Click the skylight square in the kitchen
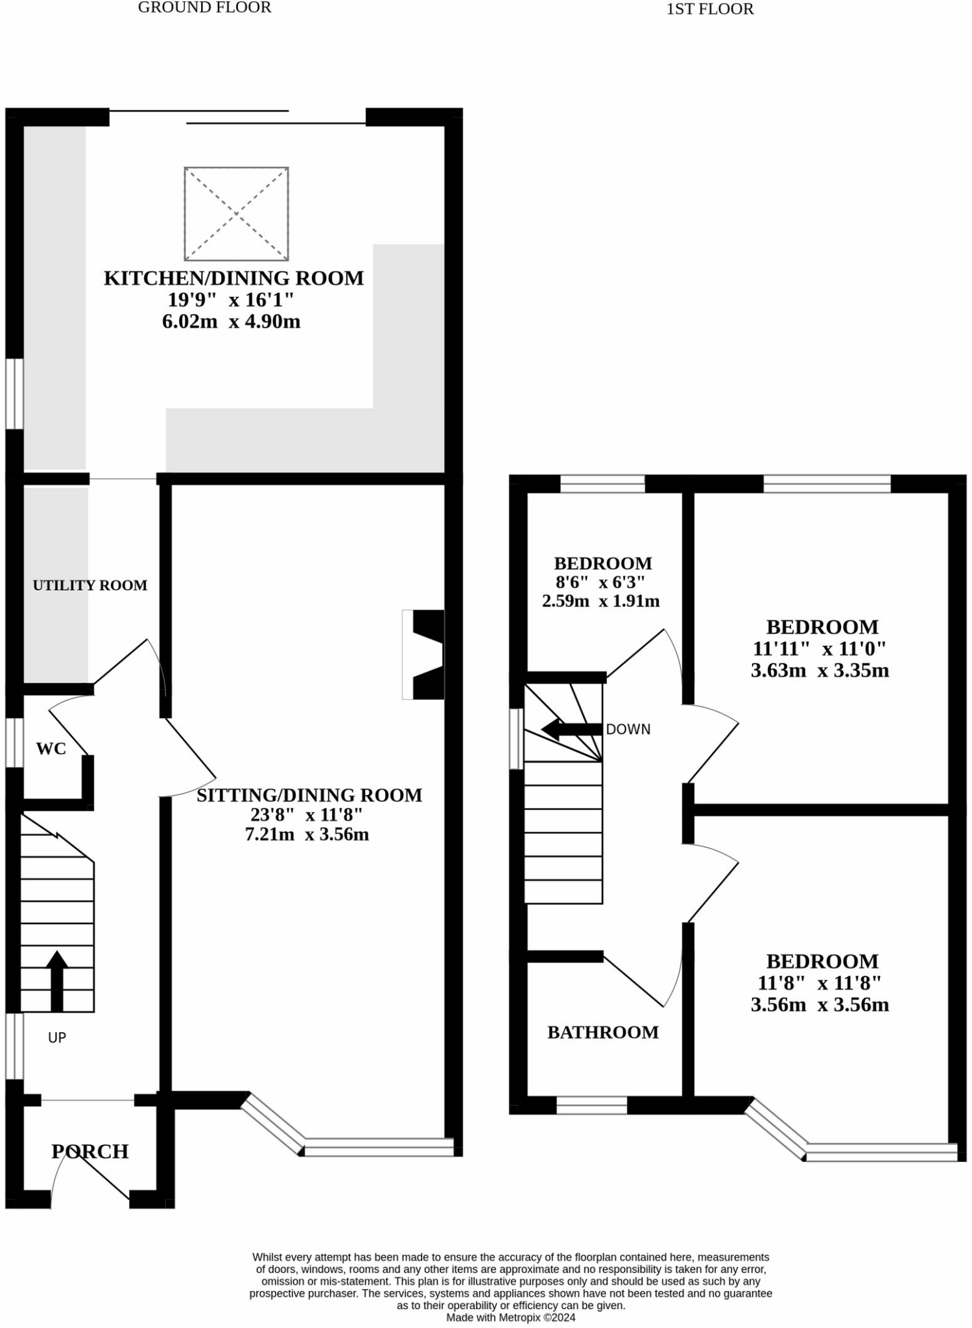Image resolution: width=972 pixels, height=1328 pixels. [x=236, y=213]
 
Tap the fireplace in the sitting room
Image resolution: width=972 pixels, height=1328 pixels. [x=425, y=654]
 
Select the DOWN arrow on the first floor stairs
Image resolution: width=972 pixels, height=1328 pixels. [x=571, y=729]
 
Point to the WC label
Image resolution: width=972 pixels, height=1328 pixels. [x=51, y=749]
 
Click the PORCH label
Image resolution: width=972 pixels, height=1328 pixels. [x=89, y=1151]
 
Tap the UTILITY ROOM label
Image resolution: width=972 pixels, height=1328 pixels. [x=90, y=586]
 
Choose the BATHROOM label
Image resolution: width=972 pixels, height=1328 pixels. [x=603, y=1032]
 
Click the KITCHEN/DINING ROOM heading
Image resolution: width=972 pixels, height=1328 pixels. [x=233, y=278]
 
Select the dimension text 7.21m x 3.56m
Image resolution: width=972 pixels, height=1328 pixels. [x=307, y=835]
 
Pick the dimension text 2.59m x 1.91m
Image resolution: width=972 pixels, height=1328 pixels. [x=601, y=601]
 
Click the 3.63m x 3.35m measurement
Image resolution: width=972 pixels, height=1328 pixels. [x=820, y=670]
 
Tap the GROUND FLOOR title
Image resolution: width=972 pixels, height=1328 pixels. [x=205, y=8]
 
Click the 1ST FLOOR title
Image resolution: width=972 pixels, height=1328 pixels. [x=710, y=9]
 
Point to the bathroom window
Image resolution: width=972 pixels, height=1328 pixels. [x=591, y=1106]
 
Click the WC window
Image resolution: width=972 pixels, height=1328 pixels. [x=14, y=742]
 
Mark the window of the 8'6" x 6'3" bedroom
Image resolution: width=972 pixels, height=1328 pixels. [x=602, y=484]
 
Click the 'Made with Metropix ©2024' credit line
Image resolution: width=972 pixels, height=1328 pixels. [x=510, y=1318]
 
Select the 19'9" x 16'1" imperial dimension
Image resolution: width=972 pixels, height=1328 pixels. [x=231, y=300]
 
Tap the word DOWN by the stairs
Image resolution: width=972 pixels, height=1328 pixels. [x=628, y=729]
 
